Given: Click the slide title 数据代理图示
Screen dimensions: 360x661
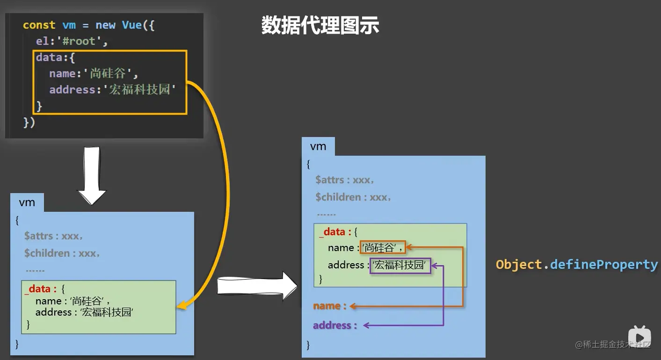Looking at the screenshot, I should coord(320,25).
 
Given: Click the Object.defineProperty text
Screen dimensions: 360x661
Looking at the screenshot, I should coord(576,265).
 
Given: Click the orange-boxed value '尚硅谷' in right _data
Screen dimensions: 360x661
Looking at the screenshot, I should coord(382,248).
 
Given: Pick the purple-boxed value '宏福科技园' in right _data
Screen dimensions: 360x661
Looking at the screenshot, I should coord(400,265).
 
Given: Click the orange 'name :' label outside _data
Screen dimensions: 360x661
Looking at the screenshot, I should coord(330,306).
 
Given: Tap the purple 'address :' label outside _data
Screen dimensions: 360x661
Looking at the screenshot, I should coord(334,325).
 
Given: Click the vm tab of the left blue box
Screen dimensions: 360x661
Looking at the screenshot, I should coord(27,202).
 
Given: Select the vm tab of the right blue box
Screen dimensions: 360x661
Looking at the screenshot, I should coord(318,146).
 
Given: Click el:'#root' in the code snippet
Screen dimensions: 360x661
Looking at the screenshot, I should coord(72,41).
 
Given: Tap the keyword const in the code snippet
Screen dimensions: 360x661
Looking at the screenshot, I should coord(39,25).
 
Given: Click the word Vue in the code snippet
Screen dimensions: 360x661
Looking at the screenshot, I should coord(132,25).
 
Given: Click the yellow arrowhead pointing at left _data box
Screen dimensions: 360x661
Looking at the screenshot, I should coord(182,306).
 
